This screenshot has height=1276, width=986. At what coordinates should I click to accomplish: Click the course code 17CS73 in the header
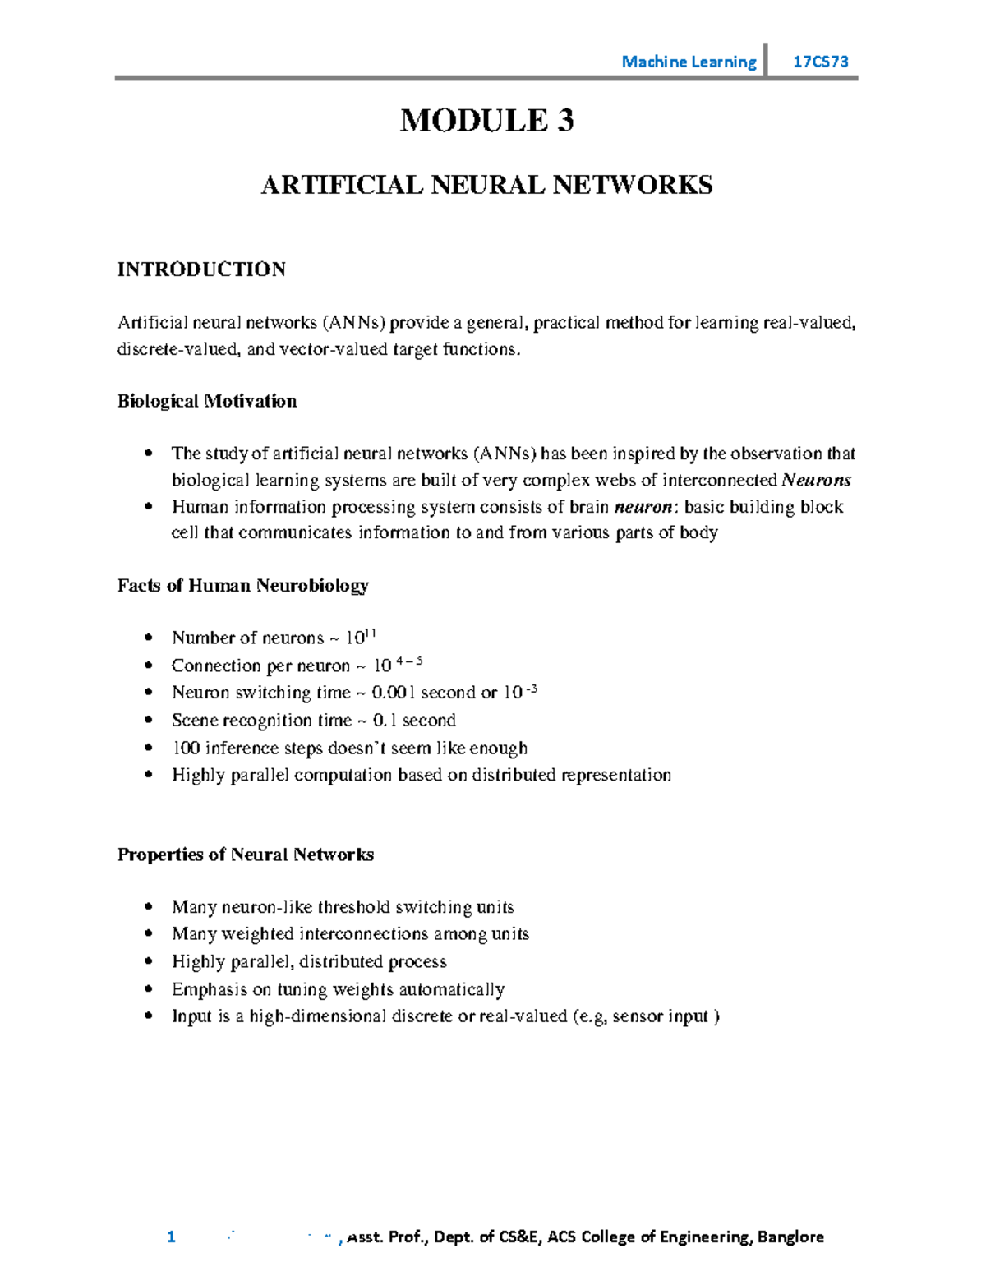(x=820, y=62)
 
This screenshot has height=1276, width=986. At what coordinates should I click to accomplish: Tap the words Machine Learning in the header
(x=689, y=62)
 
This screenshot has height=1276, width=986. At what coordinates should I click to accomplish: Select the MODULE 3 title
(x=486, y=121)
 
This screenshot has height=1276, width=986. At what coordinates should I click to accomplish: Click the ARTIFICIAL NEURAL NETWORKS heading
(x=486, y=185)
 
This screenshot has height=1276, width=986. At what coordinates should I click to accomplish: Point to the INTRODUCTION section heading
(x=201, y=269)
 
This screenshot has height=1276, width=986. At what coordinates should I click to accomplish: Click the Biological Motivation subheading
(x=207, y=401)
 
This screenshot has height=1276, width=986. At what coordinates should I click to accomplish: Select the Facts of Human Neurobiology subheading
(x=242, y=585)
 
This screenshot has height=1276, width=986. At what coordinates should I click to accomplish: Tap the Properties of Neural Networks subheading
(x=245, y=855)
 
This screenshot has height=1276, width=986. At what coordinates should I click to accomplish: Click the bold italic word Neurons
(x=816, y=480)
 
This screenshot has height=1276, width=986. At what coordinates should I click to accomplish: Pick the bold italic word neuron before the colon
(x=643, y=506)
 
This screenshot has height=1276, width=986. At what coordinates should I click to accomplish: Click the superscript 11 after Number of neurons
(x=370, y=633)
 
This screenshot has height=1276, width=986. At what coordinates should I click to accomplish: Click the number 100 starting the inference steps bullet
(x=186, y=748)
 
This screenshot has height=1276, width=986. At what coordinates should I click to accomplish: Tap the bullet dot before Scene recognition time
(x=149, y=720)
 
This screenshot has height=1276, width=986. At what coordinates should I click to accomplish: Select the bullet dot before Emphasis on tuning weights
(x=149, y=988)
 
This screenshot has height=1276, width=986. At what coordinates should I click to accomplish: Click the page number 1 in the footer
(x=171, y=1237)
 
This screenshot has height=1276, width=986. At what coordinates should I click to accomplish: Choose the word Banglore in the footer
(x=790, y=1237)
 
